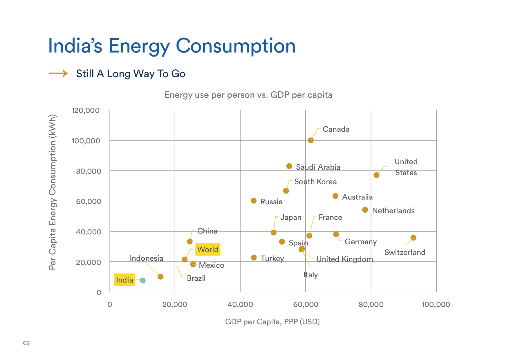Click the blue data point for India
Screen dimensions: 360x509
click(x=142, y=281)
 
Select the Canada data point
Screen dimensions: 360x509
click(x=311, y=140)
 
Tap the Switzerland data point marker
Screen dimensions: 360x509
click(x=413, y=238)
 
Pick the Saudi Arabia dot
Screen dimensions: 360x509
click(x=289, y=166)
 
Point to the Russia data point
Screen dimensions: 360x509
click(x=254, y=201)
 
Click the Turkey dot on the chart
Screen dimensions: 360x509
click(x=254, y=258)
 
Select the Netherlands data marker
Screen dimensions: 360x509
click(x=365, y=210)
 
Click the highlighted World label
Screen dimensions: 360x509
click(x=208, y=249)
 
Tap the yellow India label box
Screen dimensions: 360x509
click(x=124, y=280)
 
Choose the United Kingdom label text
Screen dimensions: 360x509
click(x=344, y=259)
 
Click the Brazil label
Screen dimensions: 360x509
click(x=196, y=278)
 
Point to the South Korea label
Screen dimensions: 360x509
click(x=315, y=182)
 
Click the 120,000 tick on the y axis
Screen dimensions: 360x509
click(x=86, y=111)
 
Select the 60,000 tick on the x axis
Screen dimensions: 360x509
click(x=306, y=305)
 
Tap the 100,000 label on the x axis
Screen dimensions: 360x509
click(x=436, y=305)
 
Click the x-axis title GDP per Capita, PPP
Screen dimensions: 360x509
click(x=272, y=322)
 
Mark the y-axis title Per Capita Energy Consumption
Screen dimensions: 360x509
click(x=53, y=192)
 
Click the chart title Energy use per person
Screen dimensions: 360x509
click(x=248, y=95)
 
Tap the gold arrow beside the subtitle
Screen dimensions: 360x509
click(x=58, y=73)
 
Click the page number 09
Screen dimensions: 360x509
click(x=26, y=343)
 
